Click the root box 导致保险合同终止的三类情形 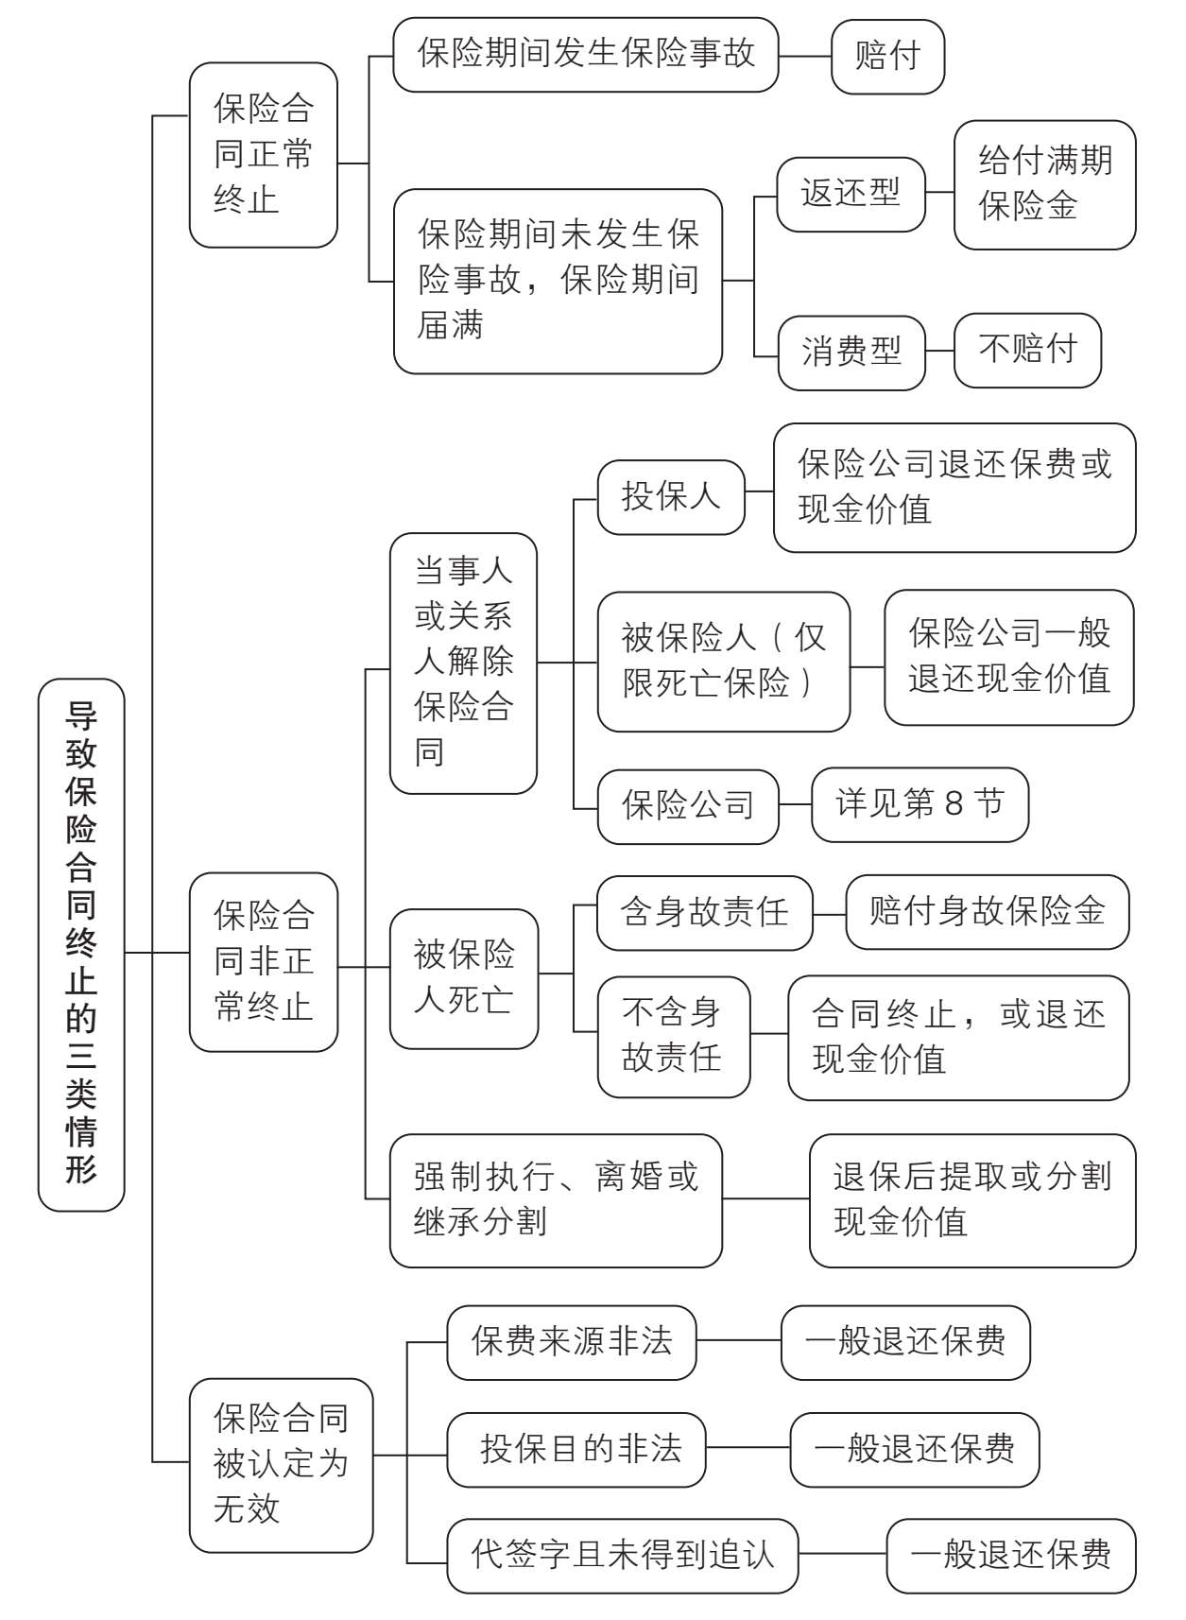pyautogui.click(x=81, y=944)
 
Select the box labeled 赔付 pyautogui.click(x=887, y=56)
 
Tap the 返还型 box pyautogui.click(x=851, y=194)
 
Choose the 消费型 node pyautogui.click(x=851, y=352)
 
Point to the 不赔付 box pyautogui.click(x=1027, y=350)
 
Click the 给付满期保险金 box pyautogui.click(x=1044, y=184)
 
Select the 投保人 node pyautogui.click(x=671, y=496)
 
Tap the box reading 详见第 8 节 pyautogui.click(x=920, y=804)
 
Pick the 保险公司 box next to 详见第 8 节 pyautogui.click(x=688, y=805)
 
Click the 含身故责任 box pyautogui.click(x=704, y=912)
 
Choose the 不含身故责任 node pyautogui.click(x=673, y=1036)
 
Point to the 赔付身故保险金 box pyautogui.click(x=987, y=912)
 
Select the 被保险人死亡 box pyautogui.click(x=464, y=978)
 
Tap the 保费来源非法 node pyautogui.click(x=571, y=1341)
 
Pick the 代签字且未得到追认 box pyautogui.click(x=622, y=1555)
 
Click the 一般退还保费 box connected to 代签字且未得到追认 pyautogui.click(x=1010, y=1555)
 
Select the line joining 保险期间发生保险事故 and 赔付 pyautogui.click(x=804, y=56)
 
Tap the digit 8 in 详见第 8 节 pyautogui.click(x=954, y=804)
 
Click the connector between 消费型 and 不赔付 pyautogui.click(x=939, y=351)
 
